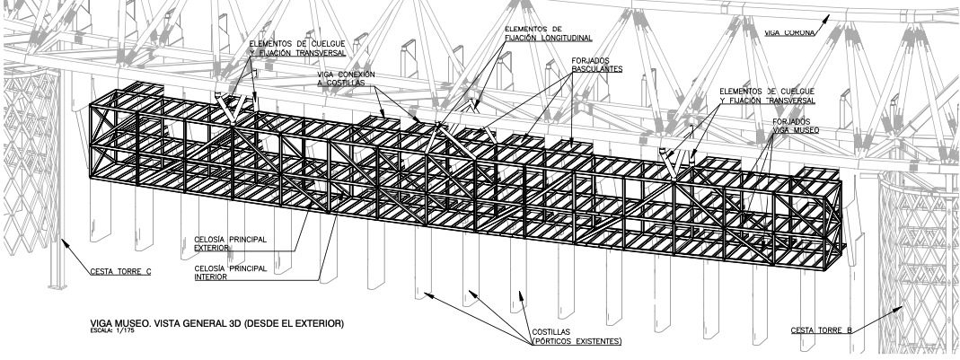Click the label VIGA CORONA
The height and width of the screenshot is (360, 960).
(x=788, y=32)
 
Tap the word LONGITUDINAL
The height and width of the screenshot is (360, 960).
(x=566, y=38)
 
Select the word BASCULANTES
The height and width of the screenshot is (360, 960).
(x=596, y=69)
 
